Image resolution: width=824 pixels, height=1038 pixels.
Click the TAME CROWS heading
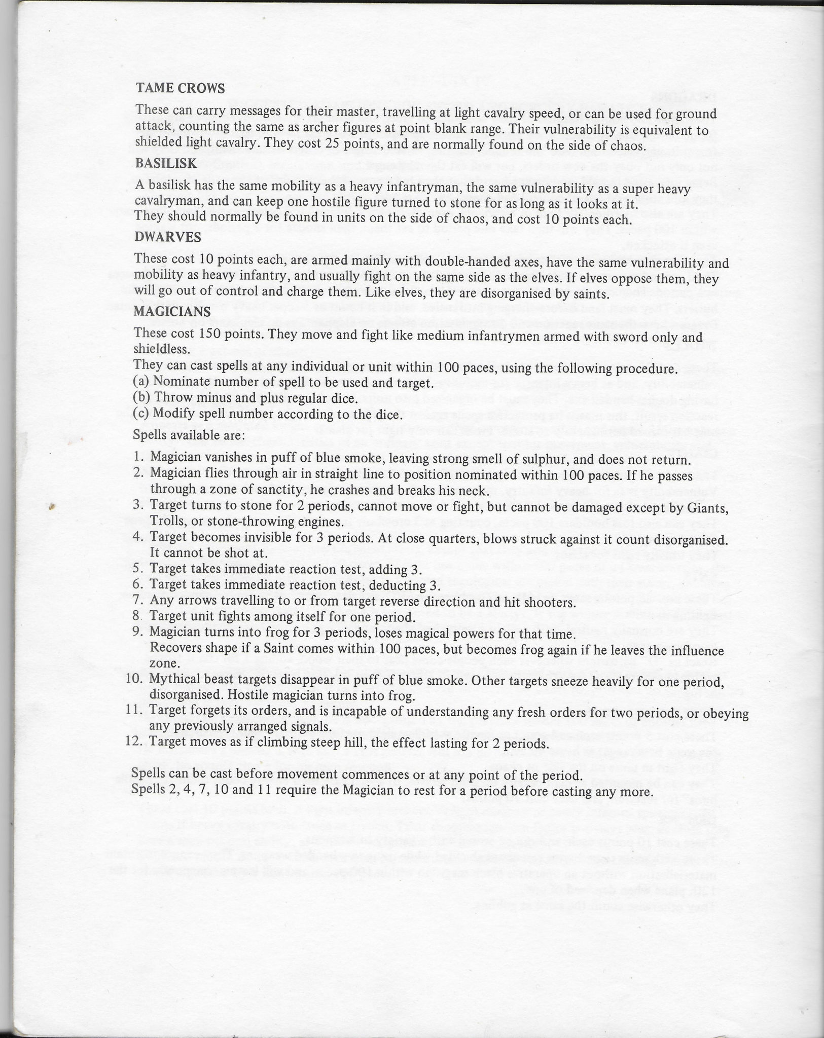[x=180, y=88]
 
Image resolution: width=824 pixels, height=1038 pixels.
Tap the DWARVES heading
[x=168, y=237]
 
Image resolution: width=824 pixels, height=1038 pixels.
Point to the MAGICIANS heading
[x=172, y=311]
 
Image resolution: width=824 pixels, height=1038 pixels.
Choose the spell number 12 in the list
[x=134, y=743]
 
